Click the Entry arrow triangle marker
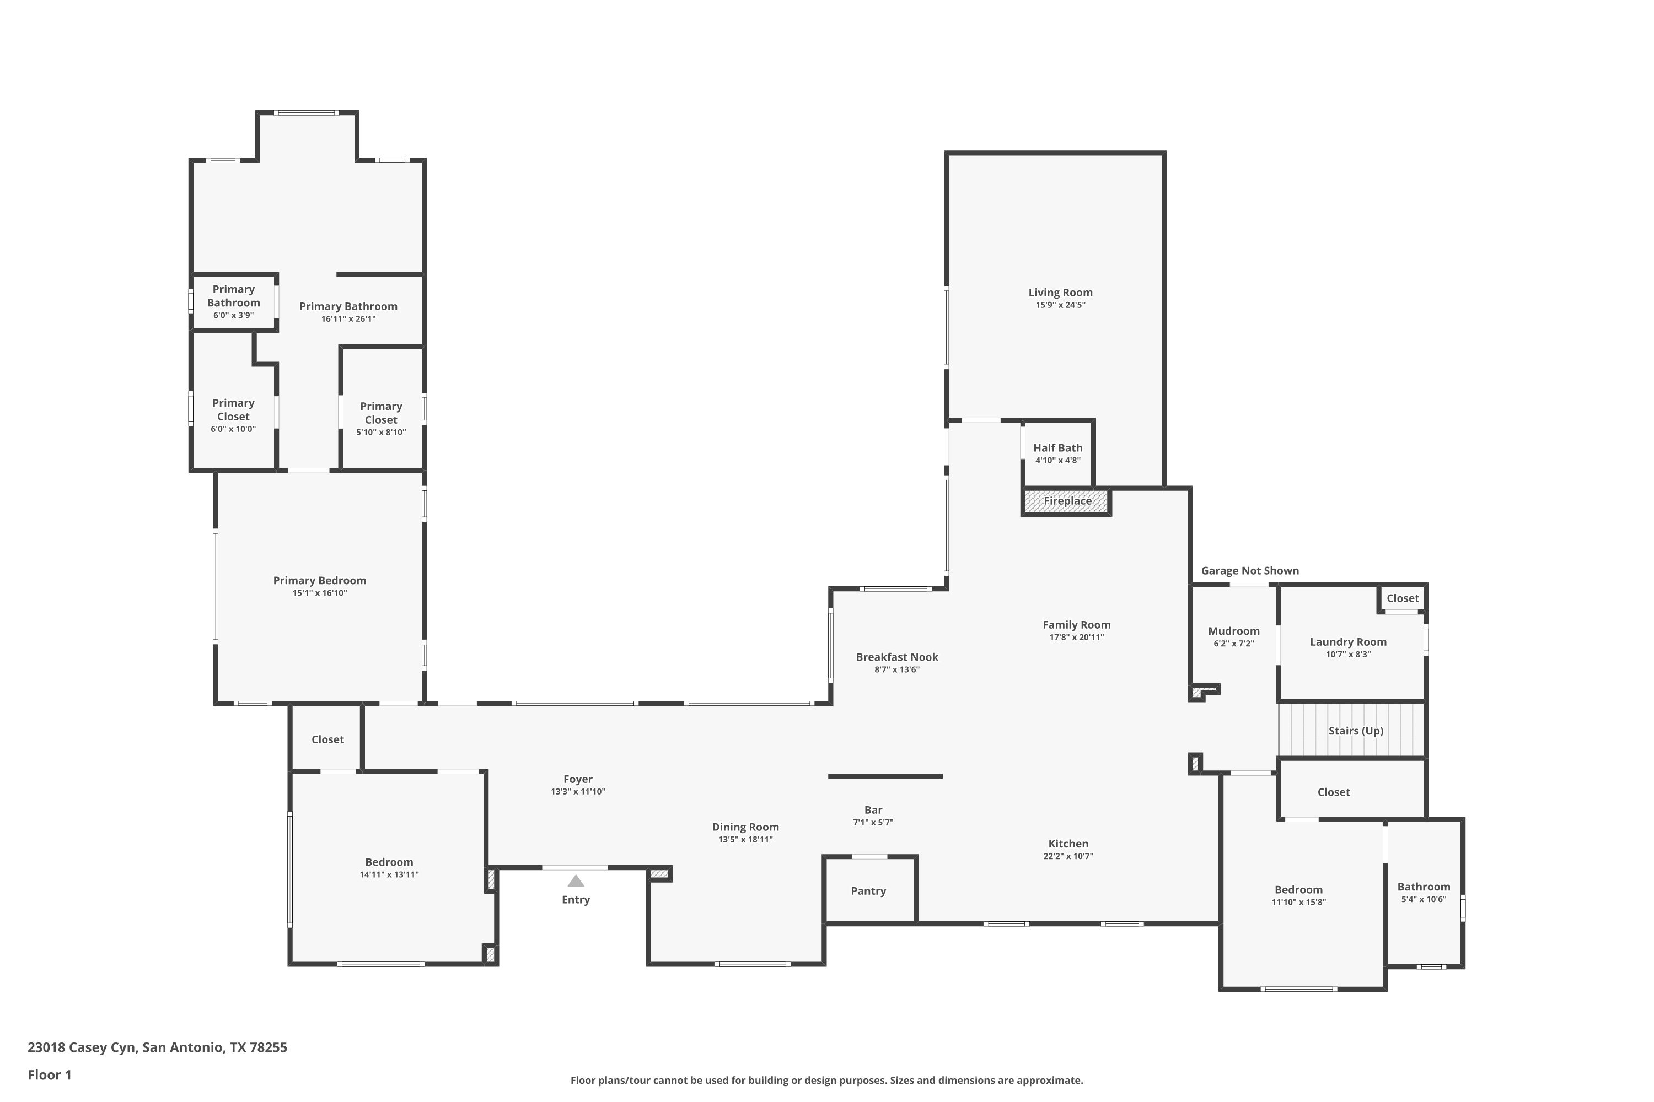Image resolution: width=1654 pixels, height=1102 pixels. [x=576, y=880]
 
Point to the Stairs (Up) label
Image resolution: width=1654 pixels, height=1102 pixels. [x=1356, y=731]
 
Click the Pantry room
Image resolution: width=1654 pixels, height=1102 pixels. [x=870, y=890]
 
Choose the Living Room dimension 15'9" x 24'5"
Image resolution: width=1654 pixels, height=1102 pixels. [x=1060, y=305]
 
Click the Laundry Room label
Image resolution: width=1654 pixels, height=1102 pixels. [x=1348, y=642]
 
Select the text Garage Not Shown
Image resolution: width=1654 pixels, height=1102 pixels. [x=1250, y=571]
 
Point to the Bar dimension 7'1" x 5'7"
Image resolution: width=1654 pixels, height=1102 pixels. [x=873, y=822]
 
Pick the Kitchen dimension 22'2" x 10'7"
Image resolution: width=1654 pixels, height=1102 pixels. [x=1068, y=856]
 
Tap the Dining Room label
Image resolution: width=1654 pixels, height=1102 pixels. [x=745, y=827]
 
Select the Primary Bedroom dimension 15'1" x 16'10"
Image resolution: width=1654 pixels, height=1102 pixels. [x=320, y=593]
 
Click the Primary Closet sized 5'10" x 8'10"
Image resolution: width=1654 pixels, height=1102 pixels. [x=381, y=408]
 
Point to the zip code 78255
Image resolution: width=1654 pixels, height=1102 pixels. [x=268, y=1047]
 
